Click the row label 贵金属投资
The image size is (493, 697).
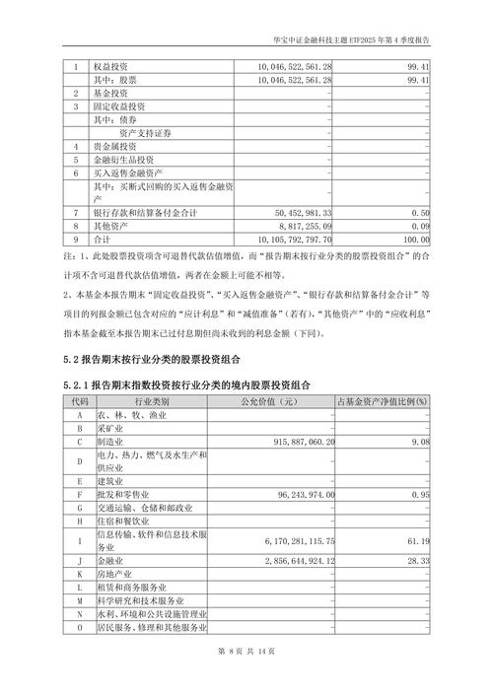point(116,145)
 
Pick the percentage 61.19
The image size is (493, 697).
point(418,541)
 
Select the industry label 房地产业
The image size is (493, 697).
point(118,574)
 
